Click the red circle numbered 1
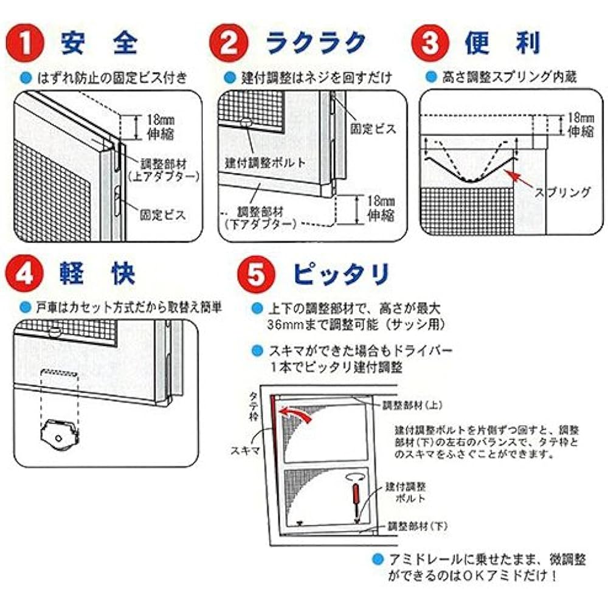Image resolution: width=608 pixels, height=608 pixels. coord(26,43)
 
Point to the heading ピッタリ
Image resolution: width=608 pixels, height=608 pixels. coord(340,274)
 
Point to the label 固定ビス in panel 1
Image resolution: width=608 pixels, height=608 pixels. coord(163,214)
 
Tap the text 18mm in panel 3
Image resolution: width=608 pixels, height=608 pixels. coord(581,117)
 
